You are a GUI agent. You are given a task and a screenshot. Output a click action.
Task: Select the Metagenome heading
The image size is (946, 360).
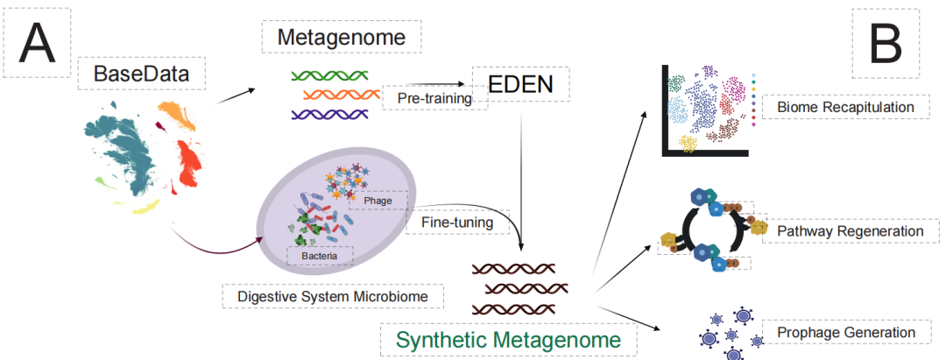[342, 38]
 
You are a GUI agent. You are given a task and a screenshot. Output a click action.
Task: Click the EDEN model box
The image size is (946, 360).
[520, 85]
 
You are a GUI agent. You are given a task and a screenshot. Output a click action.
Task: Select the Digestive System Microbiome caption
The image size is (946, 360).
[332, 296]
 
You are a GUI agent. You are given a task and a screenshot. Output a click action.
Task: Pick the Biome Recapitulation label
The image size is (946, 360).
[840, 108]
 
